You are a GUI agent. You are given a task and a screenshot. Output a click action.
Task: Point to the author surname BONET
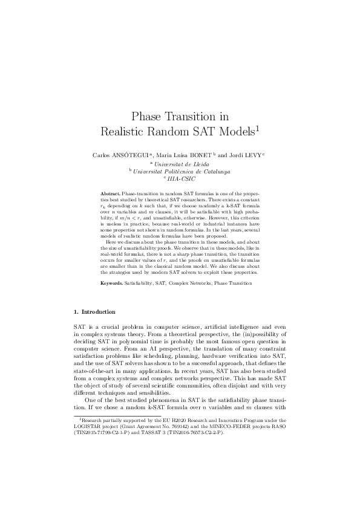tap(209, 155)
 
